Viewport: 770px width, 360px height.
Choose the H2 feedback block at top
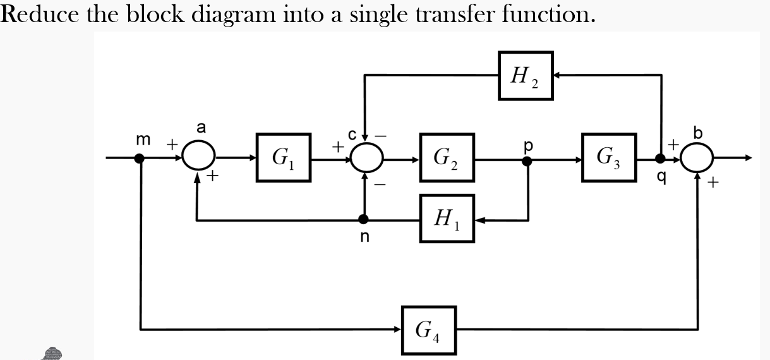coord(526,75)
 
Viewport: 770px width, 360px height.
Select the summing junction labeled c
coord(365,158)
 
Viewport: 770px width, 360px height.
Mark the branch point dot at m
coord(140,158)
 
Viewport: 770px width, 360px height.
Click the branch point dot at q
coord(661,158)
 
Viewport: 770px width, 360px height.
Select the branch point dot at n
coord(364,219)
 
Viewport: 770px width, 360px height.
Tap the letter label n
coord(364,237)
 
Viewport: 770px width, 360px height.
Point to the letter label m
coord(143,140)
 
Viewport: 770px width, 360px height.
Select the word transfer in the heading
coord(465,14)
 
